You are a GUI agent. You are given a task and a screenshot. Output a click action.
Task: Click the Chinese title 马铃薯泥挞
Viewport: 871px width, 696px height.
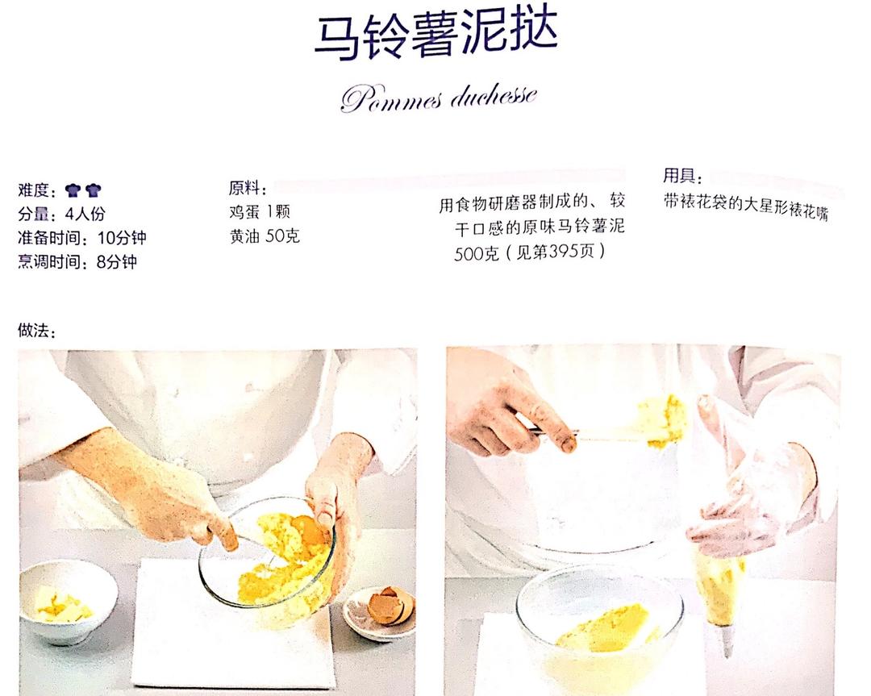[436, 35]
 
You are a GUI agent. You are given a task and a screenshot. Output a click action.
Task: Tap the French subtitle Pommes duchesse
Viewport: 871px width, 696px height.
[439, 98]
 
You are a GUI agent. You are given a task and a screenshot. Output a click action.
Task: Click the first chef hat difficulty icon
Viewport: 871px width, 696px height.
[73, 190]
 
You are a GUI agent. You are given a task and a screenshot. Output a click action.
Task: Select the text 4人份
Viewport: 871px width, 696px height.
[85, 214]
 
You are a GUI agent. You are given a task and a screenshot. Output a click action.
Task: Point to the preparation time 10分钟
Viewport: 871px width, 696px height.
[122, 238]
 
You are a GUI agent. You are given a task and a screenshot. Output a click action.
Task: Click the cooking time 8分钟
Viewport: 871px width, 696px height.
[117, 261]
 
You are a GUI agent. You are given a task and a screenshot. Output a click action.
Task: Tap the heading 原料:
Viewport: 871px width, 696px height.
[248, 188]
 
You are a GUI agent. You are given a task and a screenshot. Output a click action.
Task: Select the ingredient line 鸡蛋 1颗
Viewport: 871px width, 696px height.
[260, 211]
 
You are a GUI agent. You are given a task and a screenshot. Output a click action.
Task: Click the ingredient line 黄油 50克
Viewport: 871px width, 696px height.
[265, 236]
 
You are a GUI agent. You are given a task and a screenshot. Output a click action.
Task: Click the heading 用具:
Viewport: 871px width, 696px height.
[683, 176]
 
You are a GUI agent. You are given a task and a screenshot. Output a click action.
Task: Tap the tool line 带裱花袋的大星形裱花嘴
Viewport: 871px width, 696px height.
[745, 206]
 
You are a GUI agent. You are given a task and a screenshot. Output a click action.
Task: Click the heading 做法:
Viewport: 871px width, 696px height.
[37, 331]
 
